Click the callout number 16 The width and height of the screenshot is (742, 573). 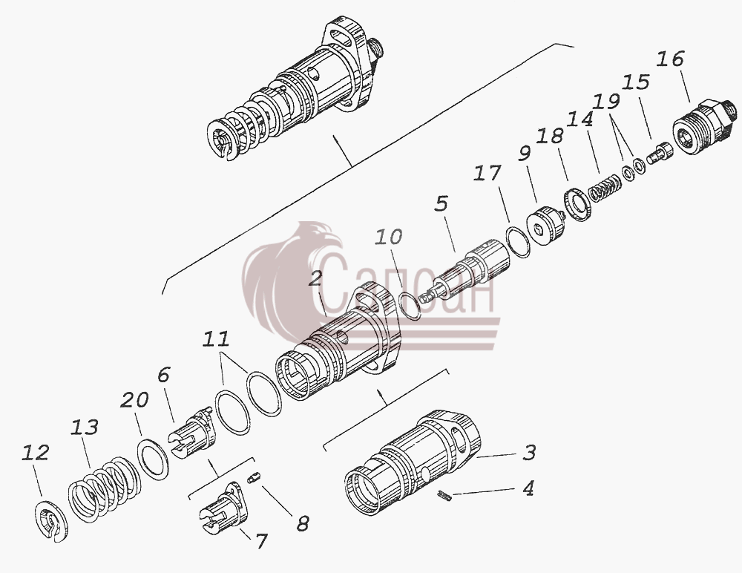670,59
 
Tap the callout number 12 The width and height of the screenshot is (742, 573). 36,453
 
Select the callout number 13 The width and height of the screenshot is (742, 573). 85,427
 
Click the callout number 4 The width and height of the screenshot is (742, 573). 528,488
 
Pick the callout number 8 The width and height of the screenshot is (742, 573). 303,523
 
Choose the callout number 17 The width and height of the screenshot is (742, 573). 487,174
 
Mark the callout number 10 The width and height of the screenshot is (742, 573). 389,236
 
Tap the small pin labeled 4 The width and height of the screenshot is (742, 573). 444,495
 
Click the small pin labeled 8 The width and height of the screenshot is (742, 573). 254,479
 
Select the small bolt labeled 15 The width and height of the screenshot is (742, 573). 658,154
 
